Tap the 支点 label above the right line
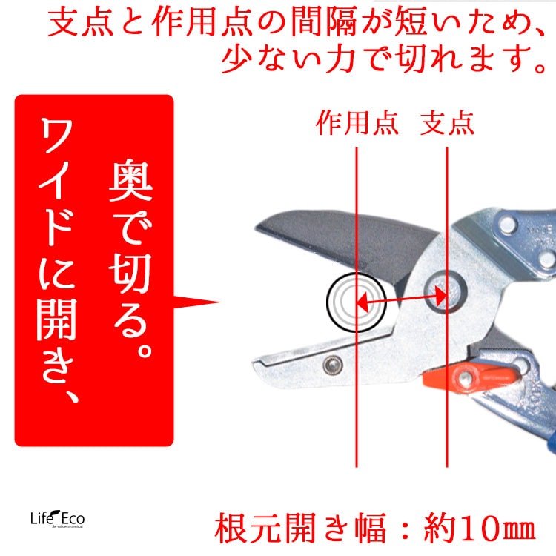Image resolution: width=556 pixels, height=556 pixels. pyautogui.click(x=447, y=122)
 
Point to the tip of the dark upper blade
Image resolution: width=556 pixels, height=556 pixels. pyautogui.click(x=259, y=227)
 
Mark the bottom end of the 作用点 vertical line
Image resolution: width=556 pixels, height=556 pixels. pyautogui.click(x=357, y=466)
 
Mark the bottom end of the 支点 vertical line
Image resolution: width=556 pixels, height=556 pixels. pyautogui.click(x=447, y=466)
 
